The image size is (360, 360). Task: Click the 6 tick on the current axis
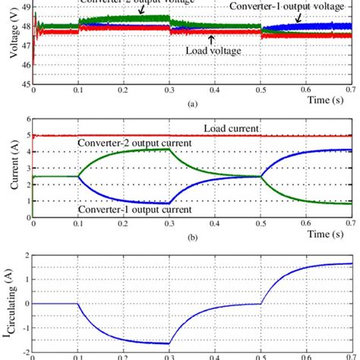(27, 119)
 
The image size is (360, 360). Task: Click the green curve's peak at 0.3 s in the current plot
(169, 150)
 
